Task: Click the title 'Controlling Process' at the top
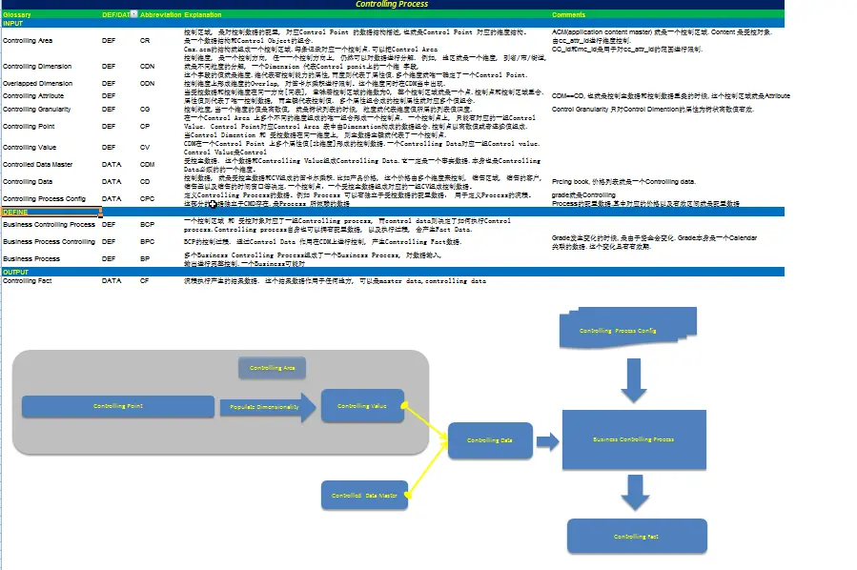click(x=392, y=5)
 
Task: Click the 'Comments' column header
click(x=569, y=15)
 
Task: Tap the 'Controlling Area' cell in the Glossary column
click(x=28, y=41)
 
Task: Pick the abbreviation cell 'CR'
click(x=145, y=41)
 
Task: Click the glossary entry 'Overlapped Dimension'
click(x=37, y=83)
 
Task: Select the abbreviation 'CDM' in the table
click(x=147, y=165)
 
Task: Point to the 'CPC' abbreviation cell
click(x=147, y=198)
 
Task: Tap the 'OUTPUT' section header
click(x=16, y=272)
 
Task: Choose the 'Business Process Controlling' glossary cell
click(x=49, y=242)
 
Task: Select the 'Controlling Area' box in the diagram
click(x=273, y=368)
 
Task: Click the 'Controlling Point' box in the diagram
click(x=117, y=406)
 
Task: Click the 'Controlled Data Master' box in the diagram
click(x=364, y=496)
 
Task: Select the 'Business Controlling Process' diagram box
click(x=633, y=439)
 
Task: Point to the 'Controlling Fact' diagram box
click(x=636, y=537)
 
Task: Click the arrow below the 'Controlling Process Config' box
click(x=634, y=380)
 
